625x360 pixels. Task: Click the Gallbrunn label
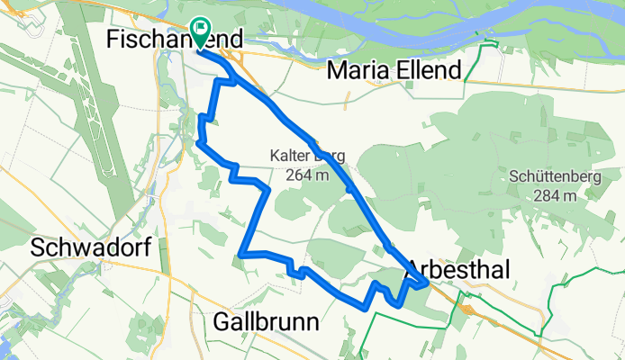(269, 321)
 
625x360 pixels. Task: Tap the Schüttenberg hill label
(554, 176)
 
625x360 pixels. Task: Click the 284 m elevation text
(554, 195)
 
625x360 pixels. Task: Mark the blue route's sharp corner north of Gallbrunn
(242, 253)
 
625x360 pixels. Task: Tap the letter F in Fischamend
(113, 39)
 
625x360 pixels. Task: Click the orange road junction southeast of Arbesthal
(466, 309)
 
